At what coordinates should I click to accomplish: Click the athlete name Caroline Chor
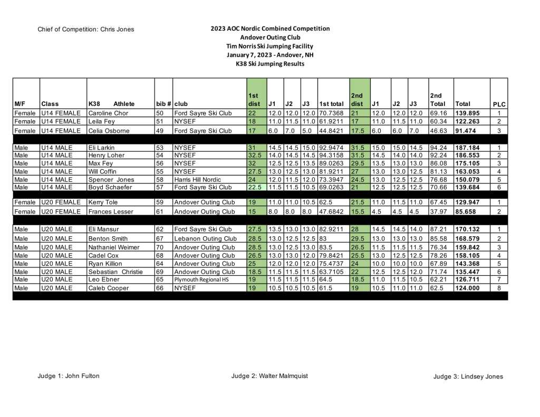click(108, 113)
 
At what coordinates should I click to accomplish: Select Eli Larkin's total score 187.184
click(467, 148)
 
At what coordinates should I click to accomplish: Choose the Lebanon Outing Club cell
click(205, 238)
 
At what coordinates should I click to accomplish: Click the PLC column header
click(499, 104)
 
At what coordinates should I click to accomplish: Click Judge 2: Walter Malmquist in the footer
click(269, 376)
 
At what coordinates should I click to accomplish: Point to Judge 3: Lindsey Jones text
click(468, 376)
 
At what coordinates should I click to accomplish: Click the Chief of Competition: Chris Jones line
click(86, 30)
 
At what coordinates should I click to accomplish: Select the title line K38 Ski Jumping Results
click(270, 64)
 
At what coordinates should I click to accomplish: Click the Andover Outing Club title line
click(270, 37)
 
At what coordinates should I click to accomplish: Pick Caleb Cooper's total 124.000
click(467, 288)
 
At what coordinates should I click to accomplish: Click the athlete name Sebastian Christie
click(115, 271)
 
